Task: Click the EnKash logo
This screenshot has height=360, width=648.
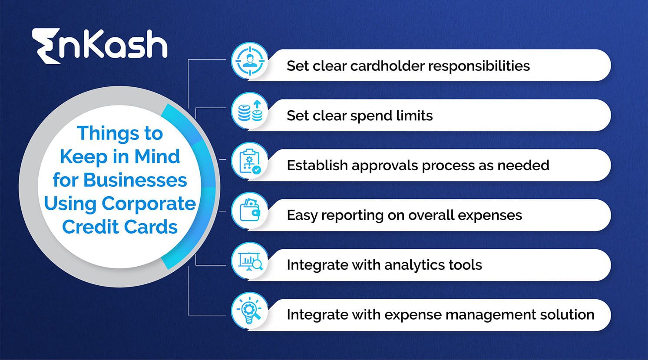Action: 99,45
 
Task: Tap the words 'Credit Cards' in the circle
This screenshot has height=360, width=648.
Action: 120,227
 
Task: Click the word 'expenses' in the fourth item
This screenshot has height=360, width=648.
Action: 490,215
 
